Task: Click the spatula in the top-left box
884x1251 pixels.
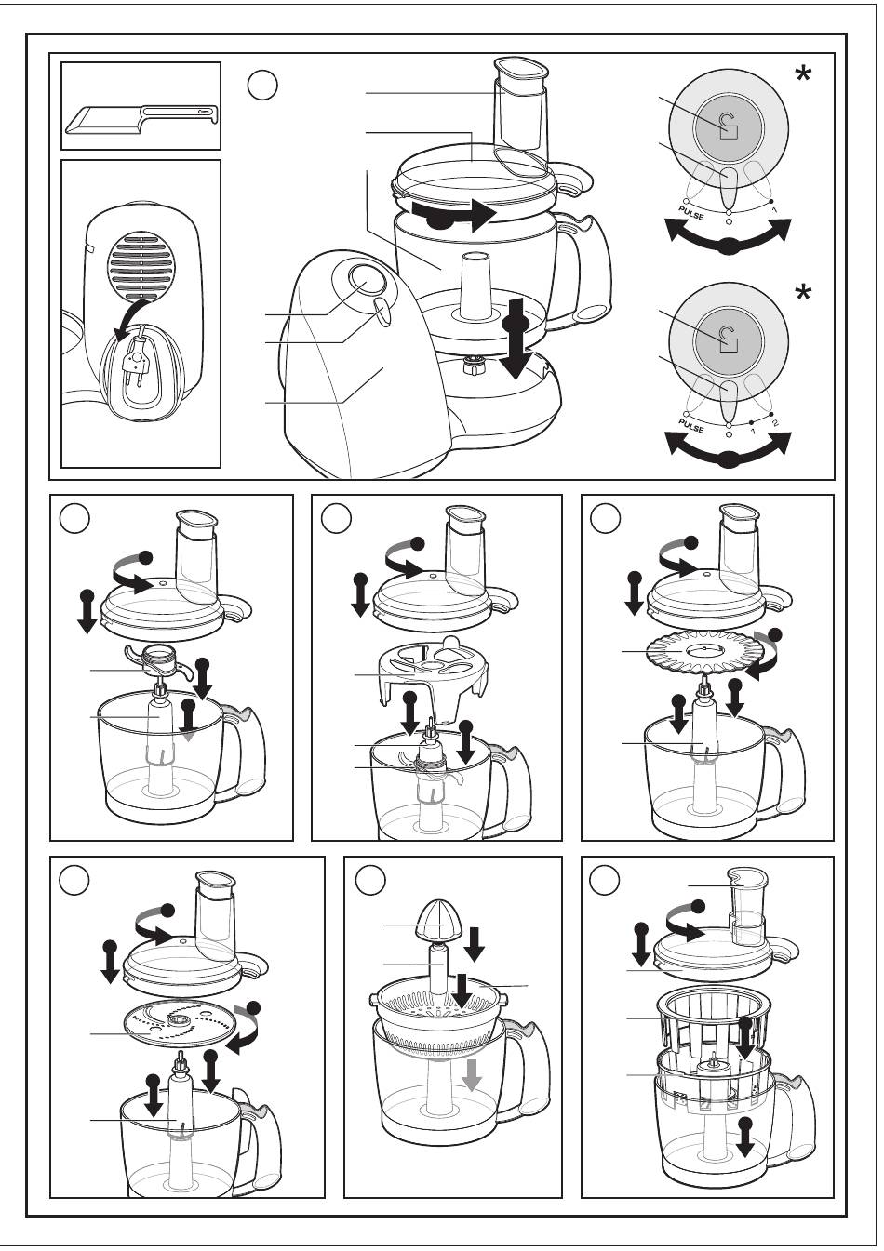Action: pyautogui.click(x=140, y=119)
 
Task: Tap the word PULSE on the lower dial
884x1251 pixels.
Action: pyautogui.click(x=691, y=424)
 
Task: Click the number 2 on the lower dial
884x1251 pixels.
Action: pyautogui.click(x=774, y=422)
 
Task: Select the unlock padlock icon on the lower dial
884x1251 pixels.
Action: pyautogui.click(x=728, y=339)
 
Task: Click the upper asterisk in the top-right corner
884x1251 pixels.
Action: pyautogui.click(x=803, y=74)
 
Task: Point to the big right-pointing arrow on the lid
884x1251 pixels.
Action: pyautogui.click(x=454, y=216)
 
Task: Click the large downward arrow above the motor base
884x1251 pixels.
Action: pyautogui.click(x=516, y=339)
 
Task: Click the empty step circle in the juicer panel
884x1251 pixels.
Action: pyautogui.click(x=370, y=881)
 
